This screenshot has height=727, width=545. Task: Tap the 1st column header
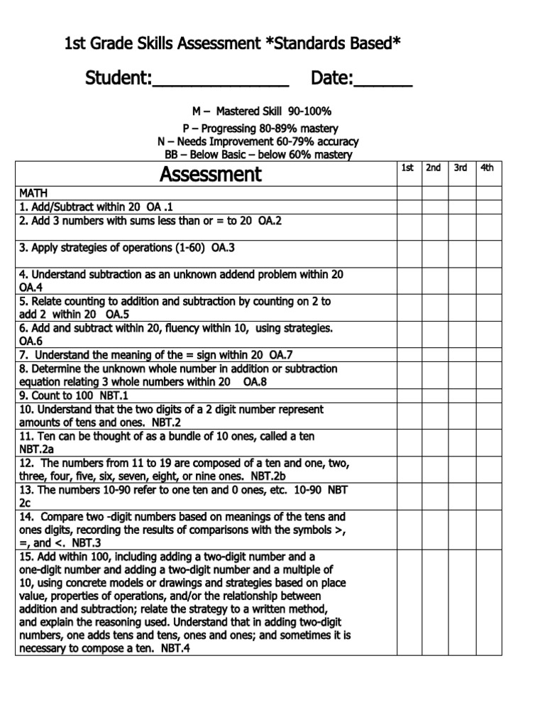407,168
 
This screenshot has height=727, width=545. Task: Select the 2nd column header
433,168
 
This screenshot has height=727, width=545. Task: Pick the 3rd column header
461,168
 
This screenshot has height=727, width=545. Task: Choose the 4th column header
488,168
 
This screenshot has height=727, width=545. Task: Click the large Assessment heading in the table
210,174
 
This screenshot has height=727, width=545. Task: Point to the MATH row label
31,193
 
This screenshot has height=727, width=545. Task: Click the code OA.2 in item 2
270,221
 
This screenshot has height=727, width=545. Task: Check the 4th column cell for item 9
488,395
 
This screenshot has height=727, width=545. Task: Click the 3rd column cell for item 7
461,355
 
